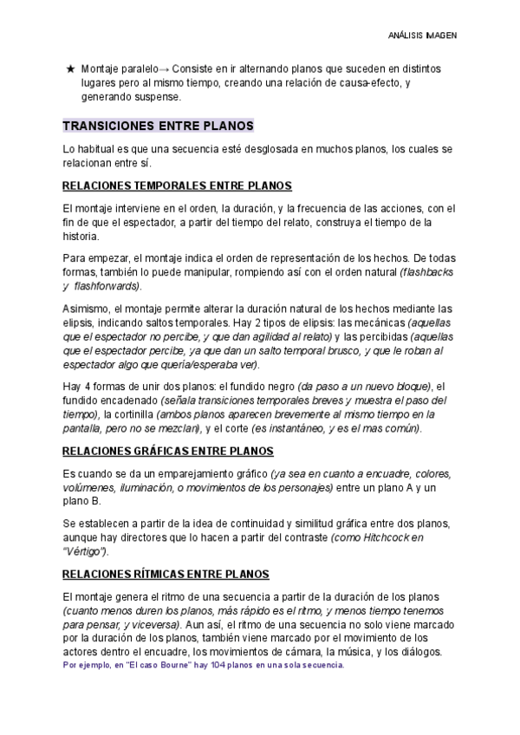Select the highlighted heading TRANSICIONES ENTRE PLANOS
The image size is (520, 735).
[158, 125]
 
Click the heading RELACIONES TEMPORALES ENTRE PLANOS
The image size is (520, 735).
[178, 186]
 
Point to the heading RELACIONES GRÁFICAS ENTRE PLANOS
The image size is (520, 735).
[168, 451]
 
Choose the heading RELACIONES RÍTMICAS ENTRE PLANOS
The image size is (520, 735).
[166, 575]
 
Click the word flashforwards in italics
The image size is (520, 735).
[108, 286]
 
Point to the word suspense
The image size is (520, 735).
[158, 96]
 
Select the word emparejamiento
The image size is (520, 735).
[195, 473]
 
